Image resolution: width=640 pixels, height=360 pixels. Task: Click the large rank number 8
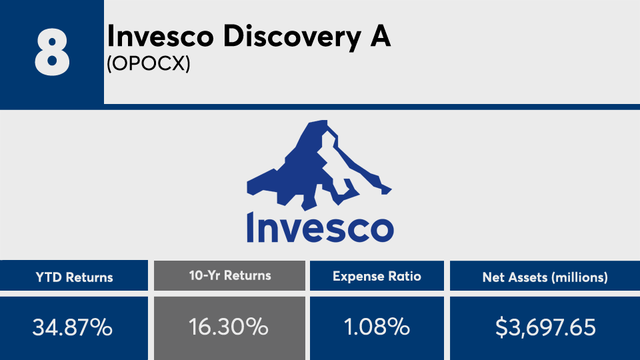click(x=52, y=53)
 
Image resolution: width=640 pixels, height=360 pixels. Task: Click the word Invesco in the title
click(x=161, y=36)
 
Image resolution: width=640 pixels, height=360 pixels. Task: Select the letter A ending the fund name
click(x=380, y=36)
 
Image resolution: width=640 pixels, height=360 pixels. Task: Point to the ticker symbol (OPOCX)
click(x=149, y=63)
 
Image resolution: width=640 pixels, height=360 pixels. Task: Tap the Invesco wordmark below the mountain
click(x=321, y=227)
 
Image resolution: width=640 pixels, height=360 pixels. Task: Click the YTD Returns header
click(x=74, y=277)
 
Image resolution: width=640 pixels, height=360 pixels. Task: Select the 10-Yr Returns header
click(x=230, y=275)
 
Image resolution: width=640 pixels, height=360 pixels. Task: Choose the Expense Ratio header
click(x=377, y=276)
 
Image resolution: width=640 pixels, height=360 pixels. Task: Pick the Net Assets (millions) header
click(x=545, y=277)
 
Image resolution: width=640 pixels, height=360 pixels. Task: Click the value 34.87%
click(x=72, y=327)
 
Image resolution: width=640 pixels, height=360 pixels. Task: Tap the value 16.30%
click(x=229, y=327)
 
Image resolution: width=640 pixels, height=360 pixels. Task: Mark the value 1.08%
click(x=377, y=327)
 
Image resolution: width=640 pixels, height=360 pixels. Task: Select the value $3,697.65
click(x=545, y=327)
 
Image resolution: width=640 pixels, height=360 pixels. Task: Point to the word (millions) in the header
click(x=579, y=277)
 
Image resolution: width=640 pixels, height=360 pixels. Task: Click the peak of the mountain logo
click(x=321, y=121)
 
